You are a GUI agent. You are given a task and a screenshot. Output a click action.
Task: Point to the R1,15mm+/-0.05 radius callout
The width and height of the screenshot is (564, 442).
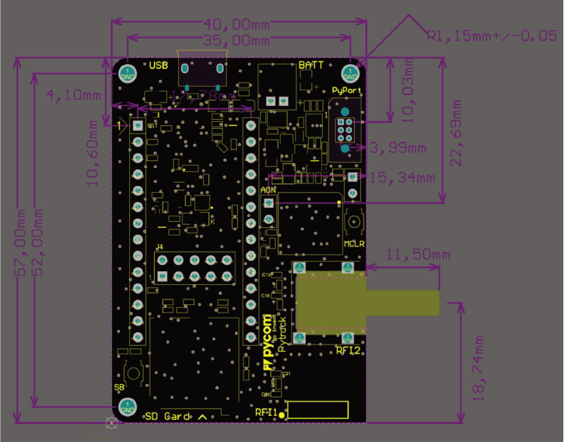coord(492,36)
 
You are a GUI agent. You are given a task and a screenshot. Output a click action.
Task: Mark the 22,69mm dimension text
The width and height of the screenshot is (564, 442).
coord(456,130)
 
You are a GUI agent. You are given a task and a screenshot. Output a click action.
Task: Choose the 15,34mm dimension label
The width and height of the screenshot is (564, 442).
coord(402,178)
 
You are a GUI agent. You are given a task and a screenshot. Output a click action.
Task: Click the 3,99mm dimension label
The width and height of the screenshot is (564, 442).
coord(398,147)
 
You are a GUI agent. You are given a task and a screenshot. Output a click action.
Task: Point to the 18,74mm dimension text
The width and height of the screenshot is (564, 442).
coord(479,368)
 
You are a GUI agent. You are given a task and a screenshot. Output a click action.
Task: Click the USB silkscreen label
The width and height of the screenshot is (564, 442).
coord(158,65)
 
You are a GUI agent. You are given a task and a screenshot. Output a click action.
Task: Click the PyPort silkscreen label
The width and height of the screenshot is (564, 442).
coord(346,90)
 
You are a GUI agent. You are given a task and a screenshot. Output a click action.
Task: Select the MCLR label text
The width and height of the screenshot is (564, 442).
coord(354,244)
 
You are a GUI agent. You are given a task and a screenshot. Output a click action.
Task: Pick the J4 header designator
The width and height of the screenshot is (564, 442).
coord(160,246)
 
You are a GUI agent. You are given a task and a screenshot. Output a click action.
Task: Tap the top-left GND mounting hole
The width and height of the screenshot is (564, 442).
coord(127,73)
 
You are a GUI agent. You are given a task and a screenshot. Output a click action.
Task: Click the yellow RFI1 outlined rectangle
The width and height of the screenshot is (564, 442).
coord(318,411)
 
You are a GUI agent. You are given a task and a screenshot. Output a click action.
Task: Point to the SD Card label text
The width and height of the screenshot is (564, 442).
coord(168,417)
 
